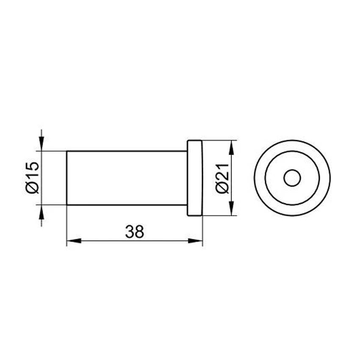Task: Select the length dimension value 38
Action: coord(135,231)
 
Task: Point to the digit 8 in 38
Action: coord(140,231)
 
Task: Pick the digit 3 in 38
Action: coord(130,231)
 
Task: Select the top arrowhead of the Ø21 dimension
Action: coord(231,147)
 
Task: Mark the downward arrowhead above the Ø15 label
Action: coord(41,144)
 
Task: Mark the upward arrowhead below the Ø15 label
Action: coord(41,211)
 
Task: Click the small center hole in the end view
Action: coord(292,178)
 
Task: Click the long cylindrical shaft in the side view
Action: coord(127,178)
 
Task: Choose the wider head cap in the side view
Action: coord(195,178)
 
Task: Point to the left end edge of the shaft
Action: coord(67,178)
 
